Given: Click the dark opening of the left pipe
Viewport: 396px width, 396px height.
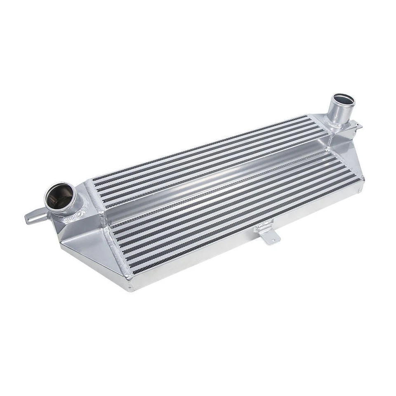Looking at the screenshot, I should (60, 197).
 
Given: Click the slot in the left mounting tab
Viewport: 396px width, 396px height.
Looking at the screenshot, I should (33, 218).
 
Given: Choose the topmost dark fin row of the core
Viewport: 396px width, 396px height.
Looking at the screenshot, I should (198, 146).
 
